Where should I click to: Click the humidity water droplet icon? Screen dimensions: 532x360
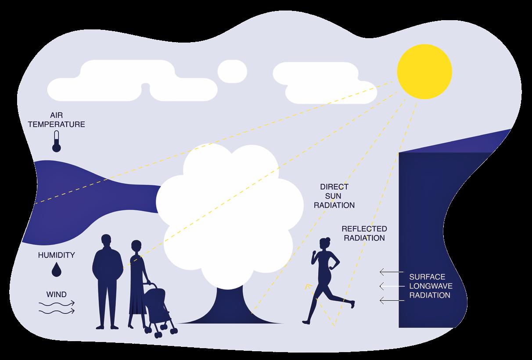(x=57, y=269)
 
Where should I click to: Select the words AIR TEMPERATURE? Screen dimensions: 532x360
(x=57, y=120)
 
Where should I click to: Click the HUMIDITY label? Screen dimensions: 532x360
(x=56, y=255)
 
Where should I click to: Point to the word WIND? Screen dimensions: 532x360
(x=56, y=293)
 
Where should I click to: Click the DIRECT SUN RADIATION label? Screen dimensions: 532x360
(x=337, y=196)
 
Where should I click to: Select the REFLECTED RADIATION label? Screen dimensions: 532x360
(x=364, y=234)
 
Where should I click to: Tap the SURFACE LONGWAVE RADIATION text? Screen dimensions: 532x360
(x=430, y=286)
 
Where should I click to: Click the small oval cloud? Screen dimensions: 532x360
(x=232, y=70)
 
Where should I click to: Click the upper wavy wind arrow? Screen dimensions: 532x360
(x=57, y=303)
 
